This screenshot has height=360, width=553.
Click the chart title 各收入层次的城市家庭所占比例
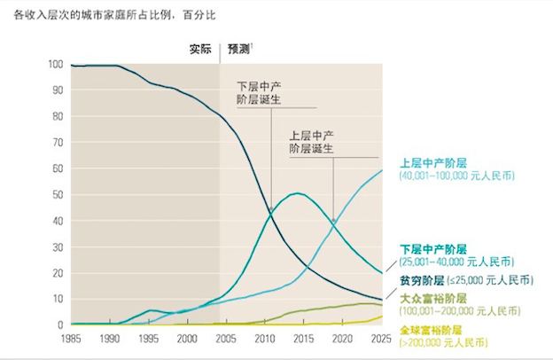[89, 15]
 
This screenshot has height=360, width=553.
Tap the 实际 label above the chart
[201, 49]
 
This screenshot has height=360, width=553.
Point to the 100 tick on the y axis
[56, 65]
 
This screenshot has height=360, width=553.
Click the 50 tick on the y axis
[58, 194]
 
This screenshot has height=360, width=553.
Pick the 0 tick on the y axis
[61, 325]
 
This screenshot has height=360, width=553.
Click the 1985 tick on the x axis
[72, 338]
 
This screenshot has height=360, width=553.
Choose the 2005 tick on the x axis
[224, 338]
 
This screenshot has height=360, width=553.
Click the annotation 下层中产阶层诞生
[259, 94]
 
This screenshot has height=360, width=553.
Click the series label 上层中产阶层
[432, 163]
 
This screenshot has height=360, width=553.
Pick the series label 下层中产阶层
[432, 250]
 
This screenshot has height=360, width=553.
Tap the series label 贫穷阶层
[422, 279]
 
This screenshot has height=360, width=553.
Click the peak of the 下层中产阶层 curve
[298, 193]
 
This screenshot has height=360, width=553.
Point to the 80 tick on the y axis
[58, 116]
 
